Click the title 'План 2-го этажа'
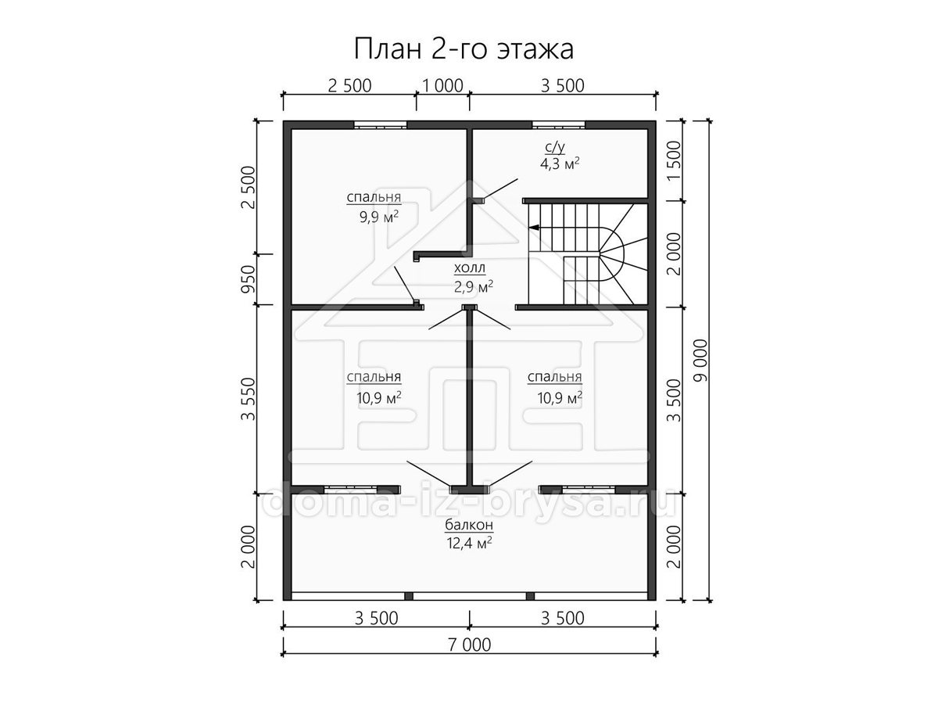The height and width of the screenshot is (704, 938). (x=464, y=49)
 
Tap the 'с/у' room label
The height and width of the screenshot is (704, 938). (x=555, y=148)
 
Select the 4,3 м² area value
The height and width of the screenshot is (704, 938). (x=560, y=163)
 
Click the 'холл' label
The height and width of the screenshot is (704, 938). (x=469, y=268)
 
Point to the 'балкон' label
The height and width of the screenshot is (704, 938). (x=469, y=524)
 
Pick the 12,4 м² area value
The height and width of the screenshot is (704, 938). (x=469, y=544)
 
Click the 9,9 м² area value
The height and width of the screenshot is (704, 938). (x=379, y=217)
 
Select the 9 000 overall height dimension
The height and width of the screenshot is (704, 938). (x=701, y=361)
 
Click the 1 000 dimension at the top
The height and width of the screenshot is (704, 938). (x=442, y=86)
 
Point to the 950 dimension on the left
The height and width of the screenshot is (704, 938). (x=249, y=279)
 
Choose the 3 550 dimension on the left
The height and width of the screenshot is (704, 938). (x=249, y=399)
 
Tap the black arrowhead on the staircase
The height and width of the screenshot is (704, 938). (x=534, y=228)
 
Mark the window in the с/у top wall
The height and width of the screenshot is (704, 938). (x=559, y=125)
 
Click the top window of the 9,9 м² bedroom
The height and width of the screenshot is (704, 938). (x=381, y=125)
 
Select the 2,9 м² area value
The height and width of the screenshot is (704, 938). (x=474, y=287)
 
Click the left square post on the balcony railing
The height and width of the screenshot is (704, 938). (x=409, y=596)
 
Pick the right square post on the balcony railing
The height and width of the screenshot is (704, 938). (x=530, y=596)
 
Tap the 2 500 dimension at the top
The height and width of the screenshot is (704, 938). (x=349, y=86)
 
